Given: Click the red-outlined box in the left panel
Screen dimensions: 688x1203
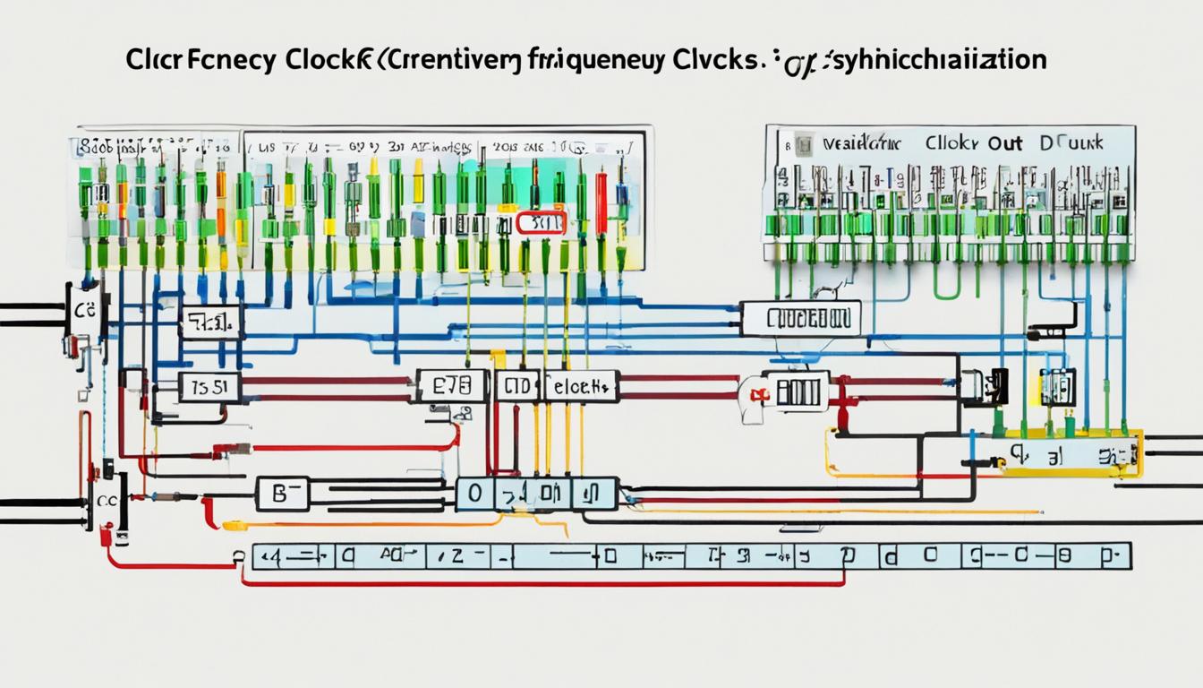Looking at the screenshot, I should tap(540, 223).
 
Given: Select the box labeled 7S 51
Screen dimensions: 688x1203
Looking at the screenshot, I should tap(209, 387).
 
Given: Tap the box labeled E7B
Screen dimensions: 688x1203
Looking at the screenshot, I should tap(452, 386).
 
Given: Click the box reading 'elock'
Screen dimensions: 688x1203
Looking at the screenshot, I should tap(581, 386).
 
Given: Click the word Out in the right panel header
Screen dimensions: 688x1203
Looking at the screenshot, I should tap(1005, 142).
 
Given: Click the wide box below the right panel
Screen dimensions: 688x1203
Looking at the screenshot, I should tap(800, 318).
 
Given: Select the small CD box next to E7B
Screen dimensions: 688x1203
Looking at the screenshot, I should tap(517, 386).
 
